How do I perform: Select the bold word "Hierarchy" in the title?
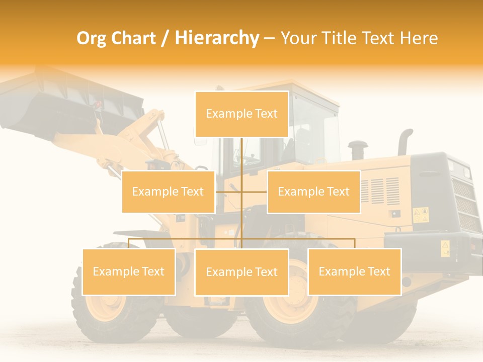[x=216, y=38]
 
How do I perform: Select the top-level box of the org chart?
[x=242, y=114]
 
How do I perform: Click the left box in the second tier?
[x=168, y=192]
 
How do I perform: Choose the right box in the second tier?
[x=313, y=192]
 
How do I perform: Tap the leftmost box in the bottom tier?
[x=129, y=271]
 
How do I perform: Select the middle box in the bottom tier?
[x=242, y=272]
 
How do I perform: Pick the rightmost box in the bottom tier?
[x=354, y=271]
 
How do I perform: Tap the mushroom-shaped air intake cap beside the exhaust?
[x=357, y=148]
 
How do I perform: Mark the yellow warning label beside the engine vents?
[x=421, y=215]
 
